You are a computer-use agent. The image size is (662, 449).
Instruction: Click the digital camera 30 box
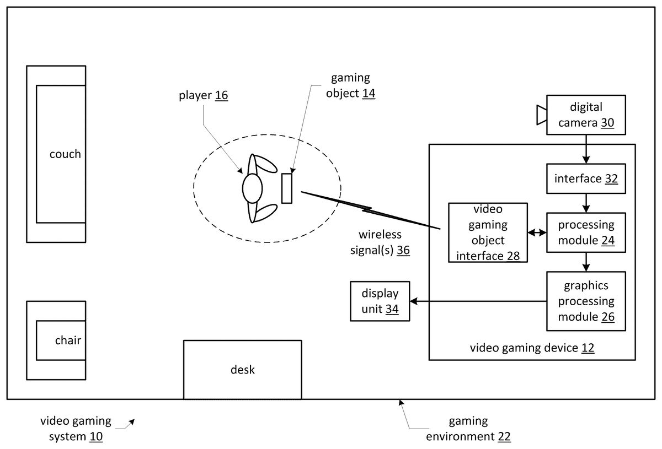[x=586, y=115]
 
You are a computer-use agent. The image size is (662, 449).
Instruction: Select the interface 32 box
[x=586, y=178]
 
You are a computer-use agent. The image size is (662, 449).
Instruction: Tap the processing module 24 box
[x=586, y=232]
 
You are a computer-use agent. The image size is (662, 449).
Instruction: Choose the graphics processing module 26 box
[x=586, y=301]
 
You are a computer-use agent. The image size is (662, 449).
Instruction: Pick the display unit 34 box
[x=380, y=301]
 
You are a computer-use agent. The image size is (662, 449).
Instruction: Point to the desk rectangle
[x=242, y=369]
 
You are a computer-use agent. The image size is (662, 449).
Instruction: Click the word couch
[x=65, y=154]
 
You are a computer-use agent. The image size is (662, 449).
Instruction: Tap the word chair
[x=68, y=340]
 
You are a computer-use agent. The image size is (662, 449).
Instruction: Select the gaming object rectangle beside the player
[x=286, y=188]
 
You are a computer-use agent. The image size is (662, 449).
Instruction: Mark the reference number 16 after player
[x=221, y=95]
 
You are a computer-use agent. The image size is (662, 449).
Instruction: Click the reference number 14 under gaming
[x=369, y=93]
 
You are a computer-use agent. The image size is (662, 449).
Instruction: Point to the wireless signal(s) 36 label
[x=373, y=242]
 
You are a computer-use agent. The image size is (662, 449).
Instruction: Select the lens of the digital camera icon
[x=541, y=115]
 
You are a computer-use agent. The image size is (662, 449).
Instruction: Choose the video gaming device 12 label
[x=532, y=348]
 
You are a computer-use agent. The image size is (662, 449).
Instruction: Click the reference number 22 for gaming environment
[x=504, y=437]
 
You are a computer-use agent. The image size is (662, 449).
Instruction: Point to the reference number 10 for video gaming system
[x=95, y=437]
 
